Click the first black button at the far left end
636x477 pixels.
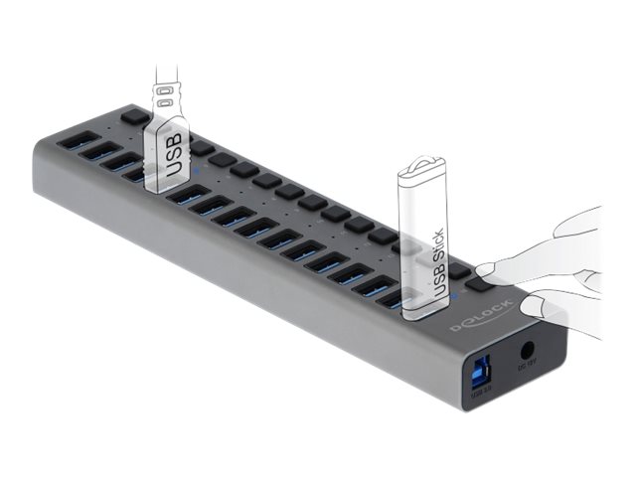click(x=133, y=116)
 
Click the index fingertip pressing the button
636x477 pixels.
click(x=489, y=271)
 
